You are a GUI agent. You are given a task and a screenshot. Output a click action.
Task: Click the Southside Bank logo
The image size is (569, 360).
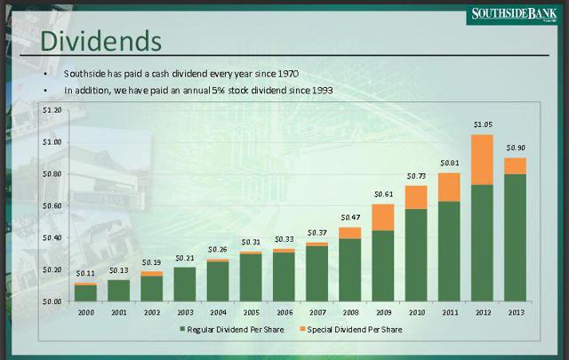[514, 14]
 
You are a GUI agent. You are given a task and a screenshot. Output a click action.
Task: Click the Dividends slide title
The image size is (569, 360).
[100, 41]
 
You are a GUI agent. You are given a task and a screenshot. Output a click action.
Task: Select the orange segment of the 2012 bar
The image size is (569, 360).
[482, 160]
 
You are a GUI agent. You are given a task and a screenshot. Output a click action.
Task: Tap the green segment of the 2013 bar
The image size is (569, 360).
[516, 237]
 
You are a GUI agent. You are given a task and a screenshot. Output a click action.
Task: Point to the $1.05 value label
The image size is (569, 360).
[483, 124]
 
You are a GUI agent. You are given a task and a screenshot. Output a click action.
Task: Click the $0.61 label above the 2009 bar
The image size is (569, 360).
[383, 194]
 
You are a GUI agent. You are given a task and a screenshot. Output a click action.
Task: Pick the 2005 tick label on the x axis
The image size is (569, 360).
[251, 312]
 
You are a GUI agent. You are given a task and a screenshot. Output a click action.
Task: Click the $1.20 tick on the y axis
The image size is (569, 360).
[52, 110]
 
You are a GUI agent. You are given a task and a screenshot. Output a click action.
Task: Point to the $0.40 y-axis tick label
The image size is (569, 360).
[52, 237]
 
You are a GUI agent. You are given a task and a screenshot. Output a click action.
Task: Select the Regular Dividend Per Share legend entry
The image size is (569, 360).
[232, 330]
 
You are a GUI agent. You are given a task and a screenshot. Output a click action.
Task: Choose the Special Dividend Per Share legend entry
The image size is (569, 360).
[351, 330]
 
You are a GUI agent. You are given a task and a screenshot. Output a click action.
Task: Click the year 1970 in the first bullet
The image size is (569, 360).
[288, 74]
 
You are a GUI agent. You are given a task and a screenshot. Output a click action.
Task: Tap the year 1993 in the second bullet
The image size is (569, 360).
[322, 90]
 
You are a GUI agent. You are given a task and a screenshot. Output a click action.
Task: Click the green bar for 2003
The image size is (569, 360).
[185, 284]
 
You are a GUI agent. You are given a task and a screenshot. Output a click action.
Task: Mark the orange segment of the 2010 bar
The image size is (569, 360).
[416, 197]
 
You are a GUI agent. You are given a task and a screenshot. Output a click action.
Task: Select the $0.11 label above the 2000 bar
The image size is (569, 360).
[85, 273]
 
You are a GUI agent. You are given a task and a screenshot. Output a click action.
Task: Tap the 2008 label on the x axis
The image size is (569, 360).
[350, 312]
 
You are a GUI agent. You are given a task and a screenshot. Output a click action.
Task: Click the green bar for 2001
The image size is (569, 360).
[118, 291]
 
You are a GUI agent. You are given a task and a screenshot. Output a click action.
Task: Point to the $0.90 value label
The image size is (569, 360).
[516, 148]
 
